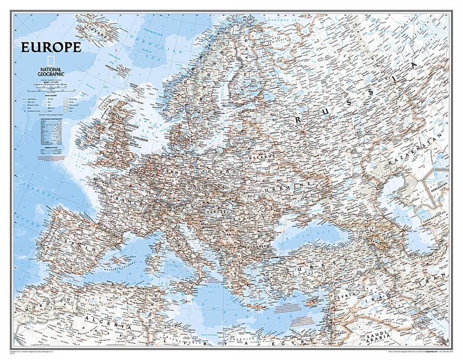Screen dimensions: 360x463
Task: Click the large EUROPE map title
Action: coord(50,47)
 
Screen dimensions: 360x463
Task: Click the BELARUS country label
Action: coord(262,158)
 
